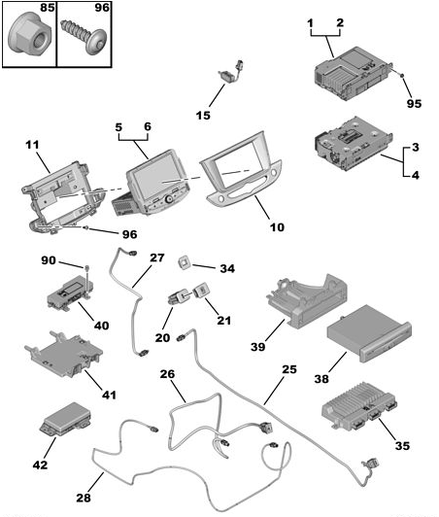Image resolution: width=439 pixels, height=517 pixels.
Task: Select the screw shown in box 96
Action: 84,36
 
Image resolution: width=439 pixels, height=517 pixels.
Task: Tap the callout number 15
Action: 203,116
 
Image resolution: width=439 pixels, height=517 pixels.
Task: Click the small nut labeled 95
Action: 402,76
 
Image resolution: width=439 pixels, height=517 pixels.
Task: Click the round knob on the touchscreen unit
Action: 169,199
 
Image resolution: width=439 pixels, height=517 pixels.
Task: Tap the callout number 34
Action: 227,268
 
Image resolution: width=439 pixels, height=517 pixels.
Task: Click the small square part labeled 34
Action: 185,263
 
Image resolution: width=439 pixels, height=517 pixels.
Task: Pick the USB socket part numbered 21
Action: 200,291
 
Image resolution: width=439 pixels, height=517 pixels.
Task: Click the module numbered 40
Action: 70,292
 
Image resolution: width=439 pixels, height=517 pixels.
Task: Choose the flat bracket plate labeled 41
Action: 63,355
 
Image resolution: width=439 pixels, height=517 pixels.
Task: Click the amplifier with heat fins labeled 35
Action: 359,405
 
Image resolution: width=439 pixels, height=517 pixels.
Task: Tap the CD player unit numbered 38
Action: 369,333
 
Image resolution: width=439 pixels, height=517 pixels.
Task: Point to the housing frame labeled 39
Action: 307,300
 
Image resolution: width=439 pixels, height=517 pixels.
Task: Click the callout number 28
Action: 84,498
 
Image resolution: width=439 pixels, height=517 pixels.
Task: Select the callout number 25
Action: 289,369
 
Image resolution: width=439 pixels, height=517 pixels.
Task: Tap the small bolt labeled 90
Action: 87,267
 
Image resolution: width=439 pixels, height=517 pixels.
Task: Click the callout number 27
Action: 157,258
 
